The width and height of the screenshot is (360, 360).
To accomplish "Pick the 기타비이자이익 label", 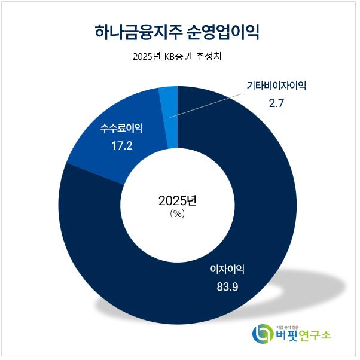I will click(x=276, y=86).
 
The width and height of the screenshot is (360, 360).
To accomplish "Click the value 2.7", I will click(x=276, y=103).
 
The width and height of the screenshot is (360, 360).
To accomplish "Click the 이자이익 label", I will click(x=227, y=269).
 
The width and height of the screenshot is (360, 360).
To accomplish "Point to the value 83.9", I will click(x=227, y=286).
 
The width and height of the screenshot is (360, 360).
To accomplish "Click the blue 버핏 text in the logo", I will click(x=288, y=336).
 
